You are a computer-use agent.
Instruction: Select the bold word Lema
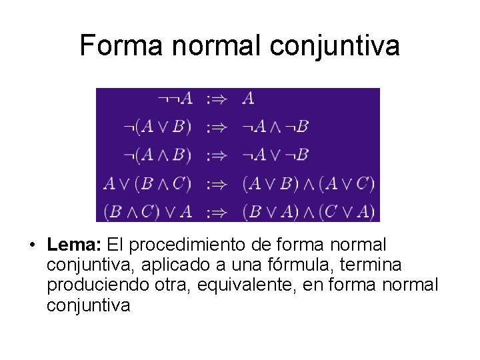click(x=73, y=245)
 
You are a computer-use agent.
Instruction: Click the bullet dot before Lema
click(x=32, y=246)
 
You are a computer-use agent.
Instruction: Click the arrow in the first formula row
click(x=217, y=99)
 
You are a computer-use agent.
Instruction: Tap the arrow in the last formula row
click(x=217, y=212)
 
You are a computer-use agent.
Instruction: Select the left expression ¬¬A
click(x=175, y=99)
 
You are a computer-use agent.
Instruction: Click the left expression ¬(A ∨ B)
click(x=158, y=127)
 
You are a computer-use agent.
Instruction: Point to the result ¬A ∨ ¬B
click(x=275, y=155)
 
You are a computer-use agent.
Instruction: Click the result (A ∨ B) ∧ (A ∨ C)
click(x=309, y=183)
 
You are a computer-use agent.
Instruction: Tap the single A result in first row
click(x=248, y=99)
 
